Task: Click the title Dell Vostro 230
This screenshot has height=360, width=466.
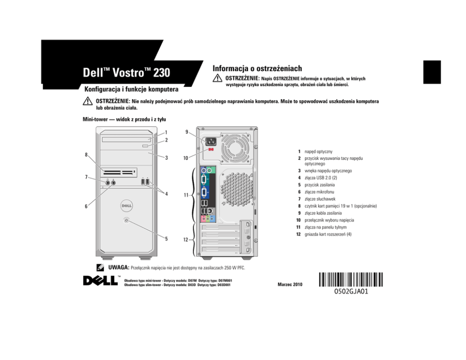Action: (x=126, y=73)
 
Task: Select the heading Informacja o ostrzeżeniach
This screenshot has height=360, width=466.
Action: (x=257, y=68)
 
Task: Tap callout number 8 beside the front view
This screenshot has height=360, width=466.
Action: (x=86, y=155)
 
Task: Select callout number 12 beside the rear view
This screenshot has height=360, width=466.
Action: (x=186, y=240)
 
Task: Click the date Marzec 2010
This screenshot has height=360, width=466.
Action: (x=290, y=285)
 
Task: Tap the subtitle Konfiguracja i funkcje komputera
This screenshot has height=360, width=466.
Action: (x=131, y=89)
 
